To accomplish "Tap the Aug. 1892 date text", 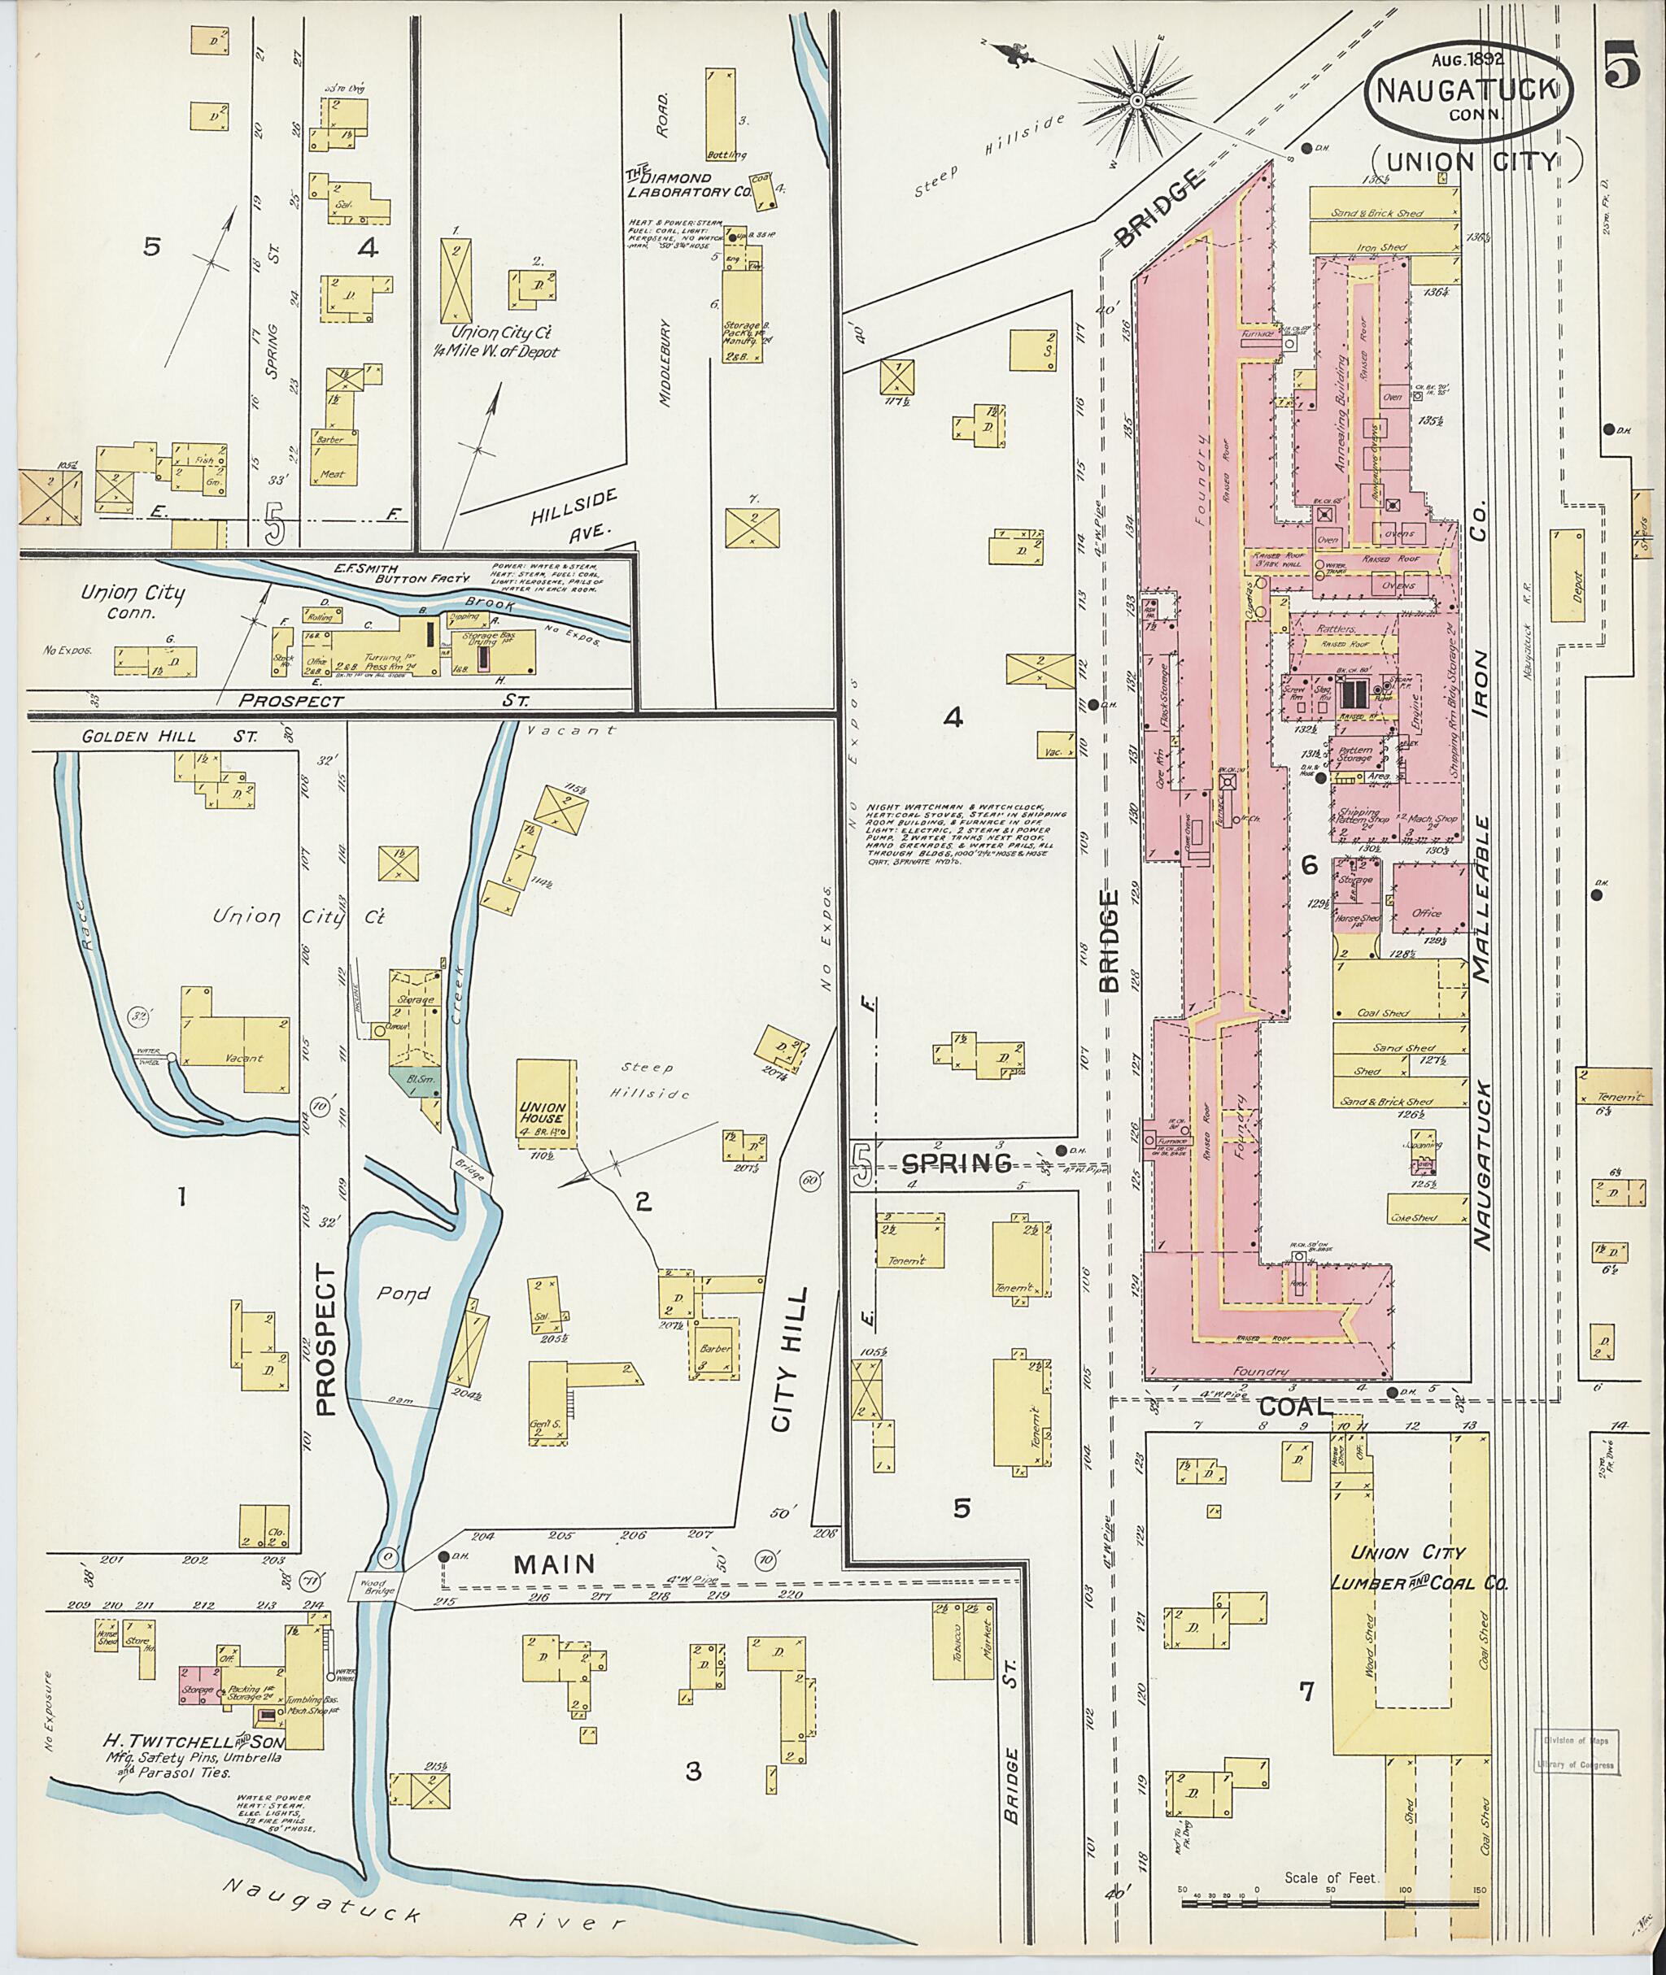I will pyautogui.click(x=1467, y=59).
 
